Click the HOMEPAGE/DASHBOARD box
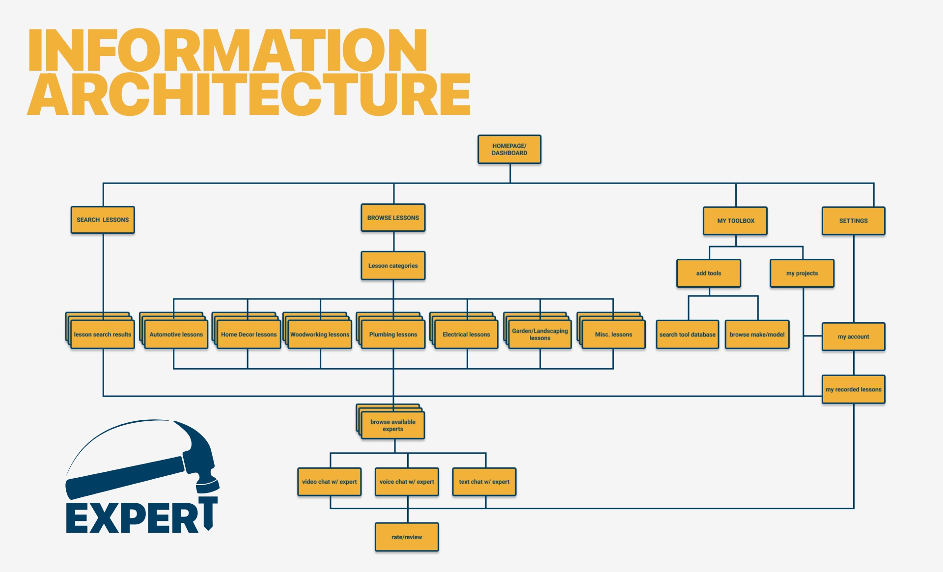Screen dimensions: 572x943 click(x=509, y=149)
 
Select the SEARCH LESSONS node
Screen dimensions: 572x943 click(x=103, y=220)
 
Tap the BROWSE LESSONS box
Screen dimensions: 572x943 click(x=393, y=218)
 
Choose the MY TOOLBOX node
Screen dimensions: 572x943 click(x=735, y=221)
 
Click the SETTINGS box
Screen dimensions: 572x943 click(x=853, y=221)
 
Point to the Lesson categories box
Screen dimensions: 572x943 click(x=393, y=266)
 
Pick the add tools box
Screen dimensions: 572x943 click(x=708, y=273)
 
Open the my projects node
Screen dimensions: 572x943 click(x=802, y=273)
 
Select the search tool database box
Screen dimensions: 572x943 click(x=687, y=334)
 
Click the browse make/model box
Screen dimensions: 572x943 click(x=757, y=334)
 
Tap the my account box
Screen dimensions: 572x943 click(x=853, y=336)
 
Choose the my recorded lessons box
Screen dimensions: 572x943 click(x=853, y=389)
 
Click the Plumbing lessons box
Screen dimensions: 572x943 click(x=393, y=334)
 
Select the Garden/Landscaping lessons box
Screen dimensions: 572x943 click(x=540, y=334)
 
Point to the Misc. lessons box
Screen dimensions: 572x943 click(x=613, y=334)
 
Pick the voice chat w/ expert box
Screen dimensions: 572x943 click(x=407, y=482)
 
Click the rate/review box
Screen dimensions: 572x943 click(x=407, y=537)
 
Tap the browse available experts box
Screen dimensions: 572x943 click(x=392, y=425)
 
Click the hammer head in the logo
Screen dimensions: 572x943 click(x=199, y=454)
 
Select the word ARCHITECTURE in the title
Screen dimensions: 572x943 click(x=249, y=94)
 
